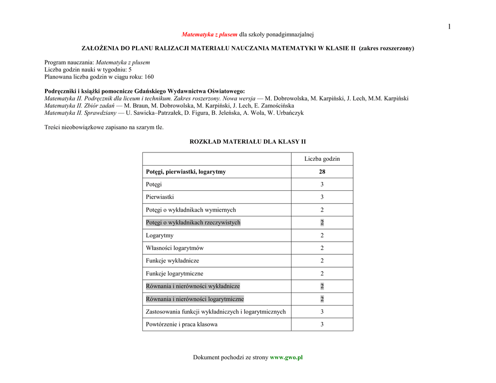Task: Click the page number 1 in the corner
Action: click(x=449, y=27)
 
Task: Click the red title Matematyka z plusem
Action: click(x=209, y=34)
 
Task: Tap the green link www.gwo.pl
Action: click(x=286, y=357)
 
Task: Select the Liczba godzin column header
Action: click(x=322, y=159)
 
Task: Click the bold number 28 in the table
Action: click(x=322, y=172)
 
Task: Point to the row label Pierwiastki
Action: click(x=160, y=197)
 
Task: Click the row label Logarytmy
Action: click(x=159, y=235)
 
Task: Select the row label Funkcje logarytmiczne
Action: click(x=174, y=274)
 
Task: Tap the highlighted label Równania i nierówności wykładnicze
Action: click(x=193, y=286)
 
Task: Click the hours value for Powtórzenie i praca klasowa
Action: click(x=322, y=324)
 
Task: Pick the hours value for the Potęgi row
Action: click(x=322, y=184)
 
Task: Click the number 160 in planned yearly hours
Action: click(x=149, y=77)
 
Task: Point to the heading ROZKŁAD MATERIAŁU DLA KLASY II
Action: click(x=248, y=142)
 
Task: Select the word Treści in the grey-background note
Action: click(x=53, y=127)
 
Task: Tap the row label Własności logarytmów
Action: click(x=174, y=248)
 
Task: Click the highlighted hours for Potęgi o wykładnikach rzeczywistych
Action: click(x=322, y=223)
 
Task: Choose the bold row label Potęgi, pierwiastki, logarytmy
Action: click(x=186, y=172)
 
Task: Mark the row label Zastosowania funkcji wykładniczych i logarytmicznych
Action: click(x=216, y=312)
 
